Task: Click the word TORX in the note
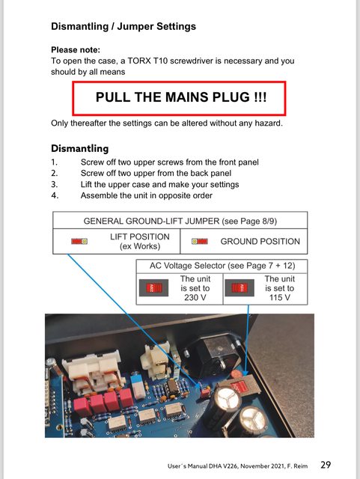click(139, 61)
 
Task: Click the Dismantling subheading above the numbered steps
click(80, 148)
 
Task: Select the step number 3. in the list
click(55, 185)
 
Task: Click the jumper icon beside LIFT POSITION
click(79, 241)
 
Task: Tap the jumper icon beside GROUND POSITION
click(200, 241)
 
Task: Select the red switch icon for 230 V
click(153, 287)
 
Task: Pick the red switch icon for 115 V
click(240, 287)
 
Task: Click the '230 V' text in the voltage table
click(195, 298)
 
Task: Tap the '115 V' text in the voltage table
click(280, 298)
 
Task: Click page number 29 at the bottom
click(326, 465)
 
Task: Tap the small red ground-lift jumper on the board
click(205, 392)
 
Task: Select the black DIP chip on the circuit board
click(172, 386)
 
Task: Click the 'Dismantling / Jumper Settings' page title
click(123, 26)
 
